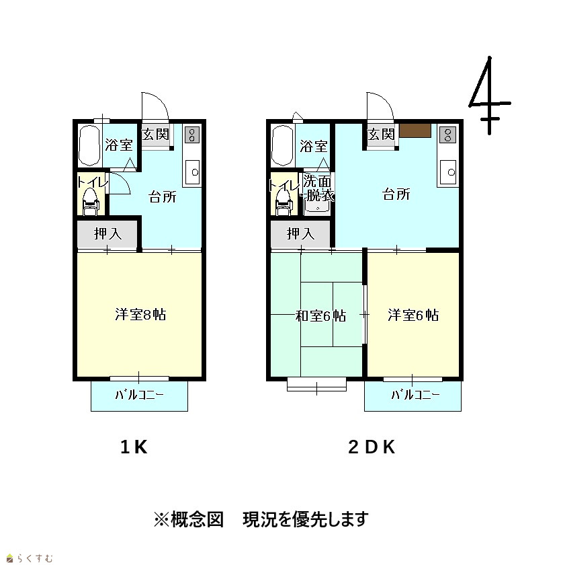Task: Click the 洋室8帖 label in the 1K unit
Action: pos(140,315)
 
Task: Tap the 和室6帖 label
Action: pos(320,316)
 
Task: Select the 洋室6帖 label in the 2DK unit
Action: pos(413,315)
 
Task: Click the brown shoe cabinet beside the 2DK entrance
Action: pos(415,130)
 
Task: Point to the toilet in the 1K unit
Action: pos(90,202)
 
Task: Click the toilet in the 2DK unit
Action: pos(284,202)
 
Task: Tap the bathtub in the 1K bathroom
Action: pos(89,145)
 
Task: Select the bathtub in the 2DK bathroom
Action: pos(283,145)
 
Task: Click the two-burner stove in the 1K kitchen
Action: pos(192,134)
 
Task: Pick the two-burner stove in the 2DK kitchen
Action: pos(448,135)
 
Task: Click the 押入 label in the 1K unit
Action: pos(108,233)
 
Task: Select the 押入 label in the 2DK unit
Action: pos(300,233)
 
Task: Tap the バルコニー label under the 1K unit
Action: pos(139,395)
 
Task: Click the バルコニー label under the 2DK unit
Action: pos(415,395)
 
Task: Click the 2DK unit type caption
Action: pos(372,447)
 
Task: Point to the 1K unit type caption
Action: pos(134,447)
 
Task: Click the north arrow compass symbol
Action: pos(489,96)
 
